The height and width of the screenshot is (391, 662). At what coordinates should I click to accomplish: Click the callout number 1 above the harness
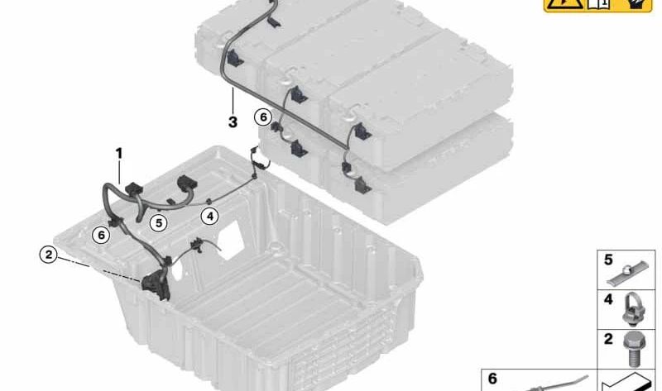tap(119, 153)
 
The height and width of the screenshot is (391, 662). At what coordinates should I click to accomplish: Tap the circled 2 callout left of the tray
tap(50, 255)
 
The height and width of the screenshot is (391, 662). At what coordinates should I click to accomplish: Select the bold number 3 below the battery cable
tap(233, 122)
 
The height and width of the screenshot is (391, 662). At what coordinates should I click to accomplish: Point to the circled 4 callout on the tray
tap(210, 217)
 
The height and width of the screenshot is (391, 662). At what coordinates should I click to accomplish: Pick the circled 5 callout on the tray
tap(158, 222)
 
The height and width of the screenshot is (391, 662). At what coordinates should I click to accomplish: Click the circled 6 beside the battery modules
tap(263, 117)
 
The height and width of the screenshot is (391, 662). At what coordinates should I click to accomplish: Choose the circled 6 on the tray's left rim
tap(101, 235)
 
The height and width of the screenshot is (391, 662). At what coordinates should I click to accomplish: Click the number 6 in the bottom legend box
tap(492, 379)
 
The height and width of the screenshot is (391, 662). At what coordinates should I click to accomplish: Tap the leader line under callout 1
tap(121, 172)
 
